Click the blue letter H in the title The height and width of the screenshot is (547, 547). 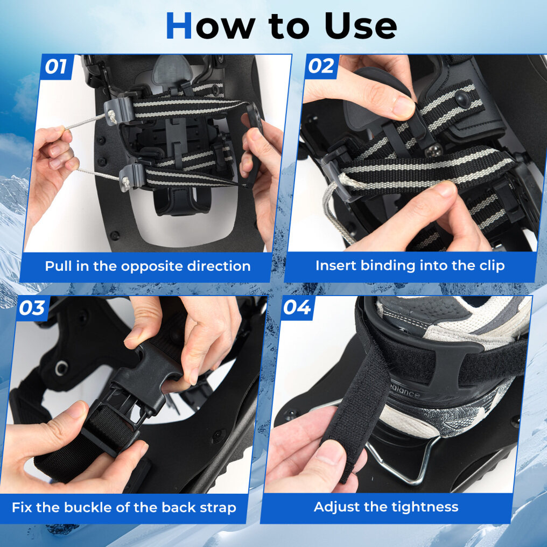179,25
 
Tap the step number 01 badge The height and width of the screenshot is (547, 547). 56,66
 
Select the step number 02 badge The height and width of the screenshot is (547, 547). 321,66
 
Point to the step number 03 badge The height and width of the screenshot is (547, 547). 32,308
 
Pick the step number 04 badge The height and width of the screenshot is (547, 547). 297,307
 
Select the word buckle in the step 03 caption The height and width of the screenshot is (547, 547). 89,507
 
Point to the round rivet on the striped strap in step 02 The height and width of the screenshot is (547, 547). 463,99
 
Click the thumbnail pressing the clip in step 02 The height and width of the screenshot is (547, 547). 403,107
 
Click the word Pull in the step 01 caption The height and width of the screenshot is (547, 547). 58,266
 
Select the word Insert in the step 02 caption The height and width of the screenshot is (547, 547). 336,265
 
